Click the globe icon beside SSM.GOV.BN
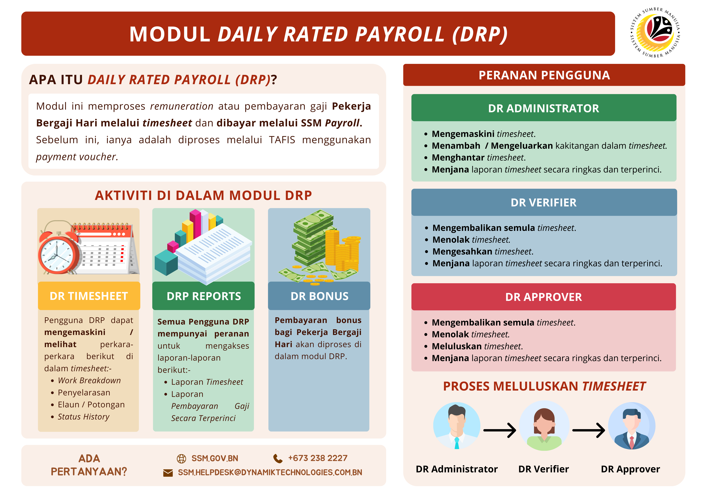[181, 459]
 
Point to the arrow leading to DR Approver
[589, 430]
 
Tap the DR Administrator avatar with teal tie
[457, 426]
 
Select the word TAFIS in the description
[282, 140]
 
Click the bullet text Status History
[84, 417]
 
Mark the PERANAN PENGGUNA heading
[544, 75]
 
